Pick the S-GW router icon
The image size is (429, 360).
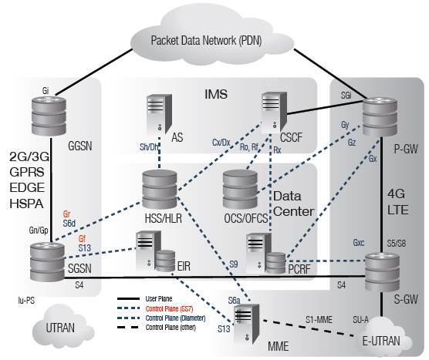tap(383, 265)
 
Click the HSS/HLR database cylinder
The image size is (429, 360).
tap(160, 189)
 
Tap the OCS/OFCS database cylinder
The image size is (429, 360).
tap(245, 189)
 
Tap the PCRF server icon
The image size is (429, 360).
tap(263, 255)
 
